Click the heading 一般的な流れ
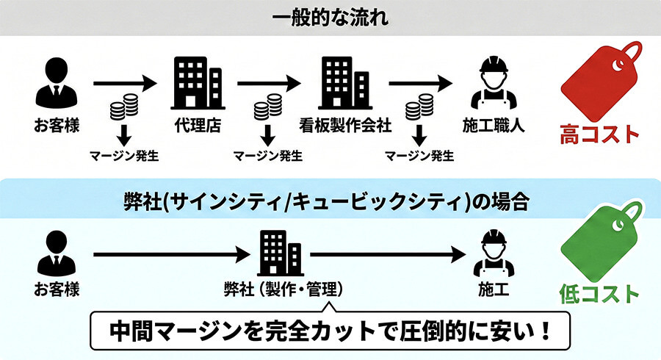pyautogui.click(x=330, y=16)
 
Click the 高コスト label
pyautogui.click(x=599, y=134)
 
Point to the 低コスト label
pyautogui.click(x=599, y=294)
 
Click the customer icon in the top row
pyautogui.click(x=54, y=82)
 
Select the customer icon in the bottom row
pyautogui.click(x=54, y=253)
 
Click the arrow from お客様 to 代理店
pyautogui.click(x=126, y=82)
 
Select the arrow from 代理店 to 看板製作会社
pyautogui.click(x=270, y=82)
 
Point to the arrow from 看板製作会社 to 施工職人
pyautogui.click(x=421, y=82)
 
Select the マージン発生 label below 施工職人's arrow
pyautogui.click(x=419, y=156)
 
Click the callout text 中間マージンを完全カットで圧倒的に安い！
pyautogui.click(x=330, y=331)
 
